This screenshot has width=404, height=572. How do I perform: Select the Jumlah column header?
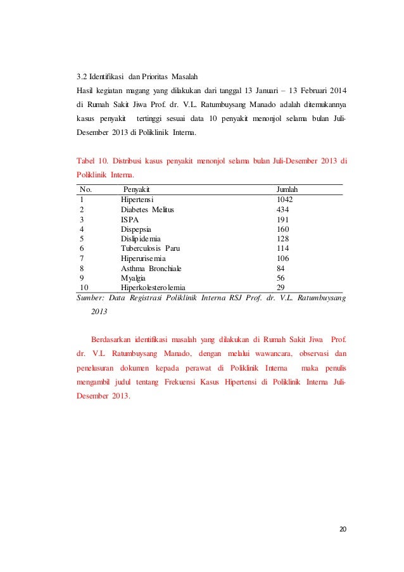point(287,189)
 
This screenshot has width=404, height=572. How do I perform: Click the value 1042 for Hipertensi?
point(284,199)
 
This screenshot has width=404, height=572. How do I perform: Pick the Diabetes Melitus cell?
point(147,209)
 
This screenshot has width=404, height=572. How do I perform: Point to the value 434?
point(282,209)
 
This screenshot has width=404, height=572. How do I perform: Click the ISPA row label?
point(130,219)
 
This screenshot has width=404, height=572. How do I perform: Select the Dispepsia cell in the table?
point(137,229)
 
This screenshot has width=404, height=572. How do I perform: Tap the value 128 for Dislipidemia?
point(282,239)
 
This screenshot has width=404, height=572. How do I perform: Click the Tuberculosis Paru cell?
point(150,249)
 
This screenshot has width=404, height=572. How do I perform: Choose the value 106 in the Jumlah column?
point(282,258)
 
